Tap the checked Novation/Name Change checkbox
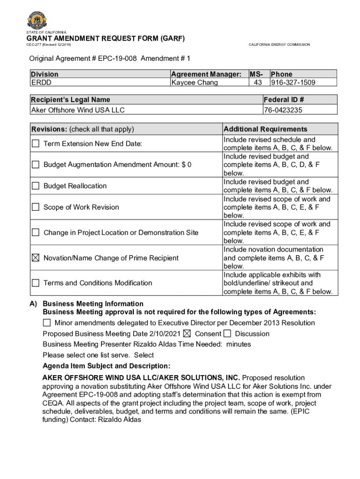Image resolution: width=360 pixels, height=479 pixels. (x=36, y=258)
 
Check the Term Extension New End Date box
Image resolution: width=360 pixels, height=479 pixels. (x=36, y=144)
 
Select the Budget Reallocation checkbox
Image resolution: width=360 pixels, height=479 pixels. (x=36, y=186)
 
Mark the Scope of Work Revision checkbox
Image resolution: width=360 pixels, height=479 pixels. (x=36, y=207)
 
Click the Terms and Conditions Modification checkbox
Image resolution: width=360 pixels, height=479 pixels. (x=36, y=283)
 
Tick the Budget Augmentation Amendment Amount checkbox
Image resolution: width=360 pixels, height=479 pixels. (x=36, y=165)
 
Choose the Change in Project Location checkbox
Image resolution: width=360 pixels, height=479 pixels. (x=36, y=232)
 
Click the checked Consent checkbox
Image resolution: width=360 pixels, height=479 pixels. (x=187, y=334)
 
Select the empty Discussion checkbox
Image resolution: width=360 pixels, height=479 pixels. (x=227, y=334)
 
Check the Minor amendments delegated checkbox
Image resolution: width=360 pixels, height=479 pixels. (x=47, y=323)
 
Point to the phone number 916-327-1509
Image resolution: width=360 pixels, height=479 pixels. (x=293, y=82)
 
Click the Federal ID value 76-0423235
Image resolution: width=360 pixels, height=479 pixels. (x=283, y=110)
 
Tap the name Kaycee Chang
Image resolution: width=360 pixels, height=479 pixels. (x=194, y=82)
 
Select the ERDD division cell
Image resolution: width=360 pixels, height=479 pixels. (x=41, y=82)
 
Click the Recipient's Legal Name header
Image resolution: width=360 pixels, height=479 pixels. (x=71, y=99)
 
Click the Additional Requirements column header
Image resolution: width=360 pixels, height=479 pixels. (x=266, y=129)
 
